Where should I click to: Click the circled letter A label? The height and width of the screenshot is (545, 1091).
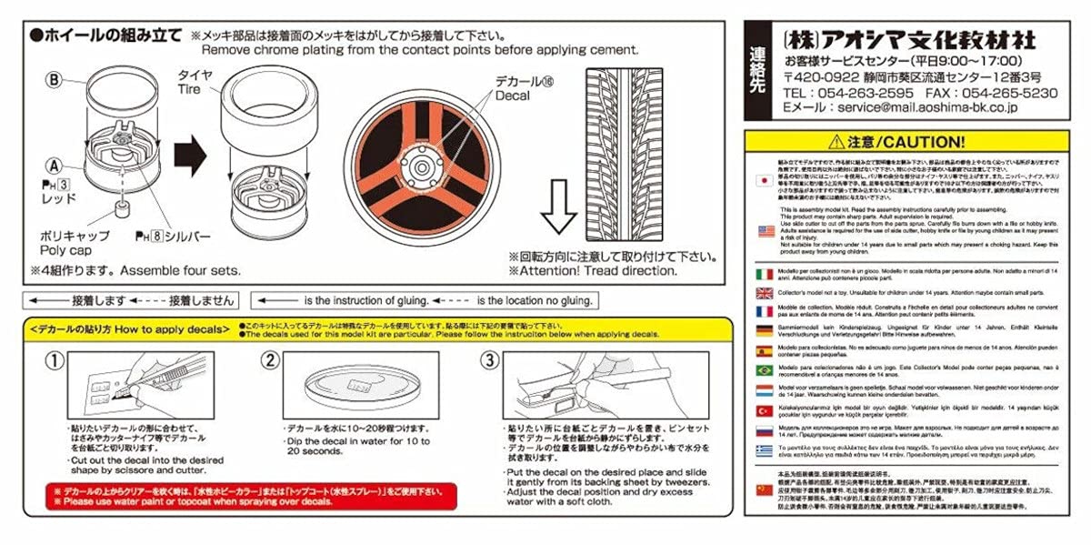click(54, 167)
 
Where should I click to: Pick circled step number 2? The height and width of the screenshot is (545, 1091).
click(270, 360)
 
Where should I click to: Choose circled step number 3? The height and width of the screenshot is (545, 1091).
click(490, 360)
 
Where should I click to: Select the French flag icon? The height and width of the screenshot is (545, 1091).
click(765, 311)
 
